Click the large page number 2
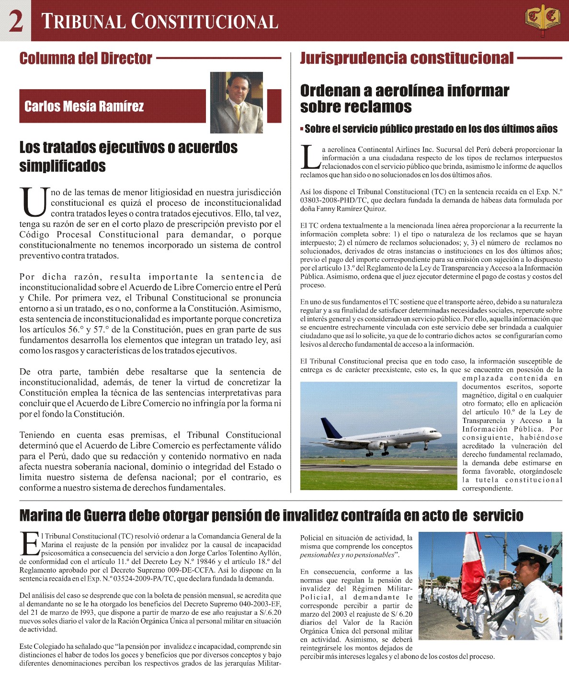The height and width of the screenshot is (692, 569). tap(16, 21)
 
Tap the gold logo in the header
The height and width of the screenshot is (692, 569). tap(542, 20)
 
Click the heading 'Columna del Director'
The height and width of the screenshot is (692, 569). tap(86, 59)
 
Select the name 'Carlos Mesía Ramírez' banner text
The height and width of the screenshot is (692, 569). tap(84, 106)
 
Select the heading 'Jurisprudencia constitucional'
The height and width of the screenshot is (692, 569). tap(407, 59)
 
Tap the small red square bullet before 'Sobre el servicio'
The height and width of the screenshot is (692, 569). tap(302, 129)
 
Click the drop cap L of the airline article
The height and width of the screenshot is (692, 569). tap(309, 157)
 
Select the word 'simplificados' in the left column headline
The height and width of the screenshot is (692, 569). tap(62, 166)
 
